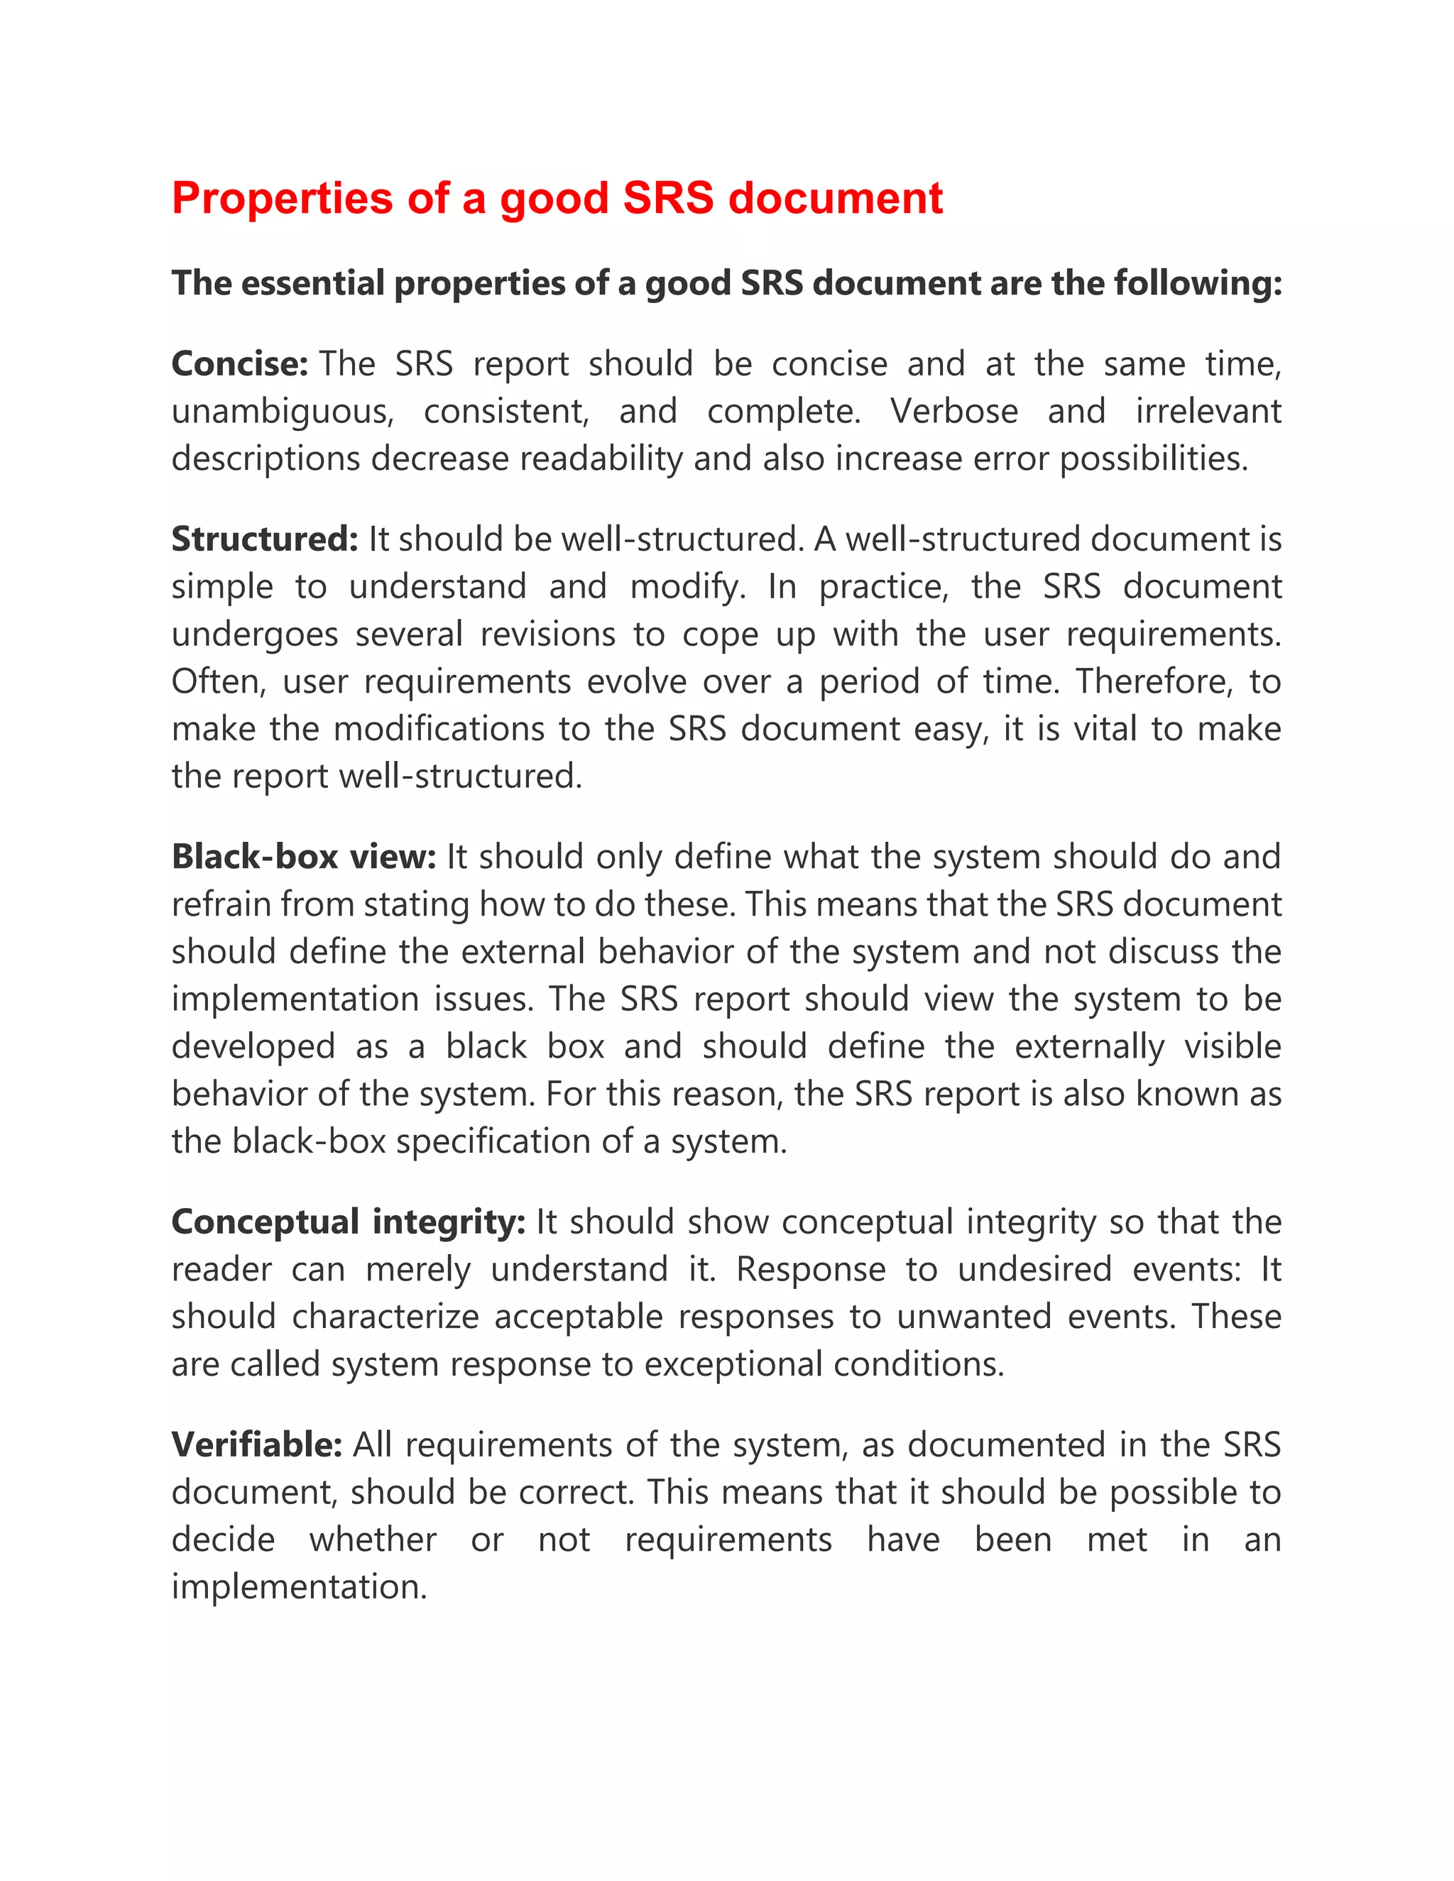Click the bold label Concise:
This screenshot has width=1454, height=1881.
click(x=239, y=363)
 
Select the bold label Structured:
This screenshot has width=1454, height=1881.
click(x=263, y=539)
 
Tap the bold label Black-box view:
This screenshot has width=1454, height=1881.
click(x=303, y=857)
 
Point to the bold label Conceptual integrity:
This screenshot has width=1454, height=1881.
click(x=348, y=1222)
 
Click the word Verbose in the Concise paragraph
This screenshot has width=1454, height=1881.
click(x=953, y=411)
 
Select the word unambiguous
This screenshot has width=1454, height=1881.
click(x=282, y=412)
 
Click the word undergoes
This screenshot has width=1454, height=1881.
click(x=254, y=635)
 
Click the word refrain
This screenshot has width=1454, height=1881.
click(x=219, y=904)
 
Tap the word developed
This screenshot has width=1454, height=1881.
click(x=252, y=1047)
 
